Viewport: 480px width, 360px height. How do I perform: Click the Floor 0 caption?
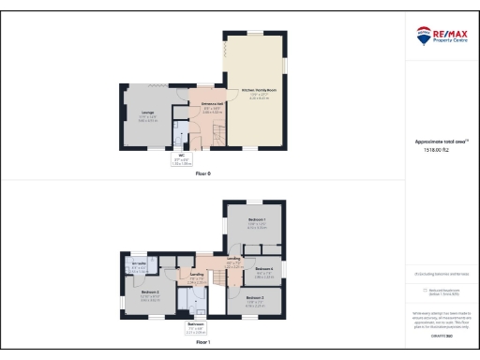tap(202, 174)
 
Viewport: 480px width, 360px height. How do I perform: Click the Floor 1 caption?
tap(202, 343)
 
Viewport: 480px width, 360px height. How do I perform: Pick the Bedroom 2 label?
tap(150, 292)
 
